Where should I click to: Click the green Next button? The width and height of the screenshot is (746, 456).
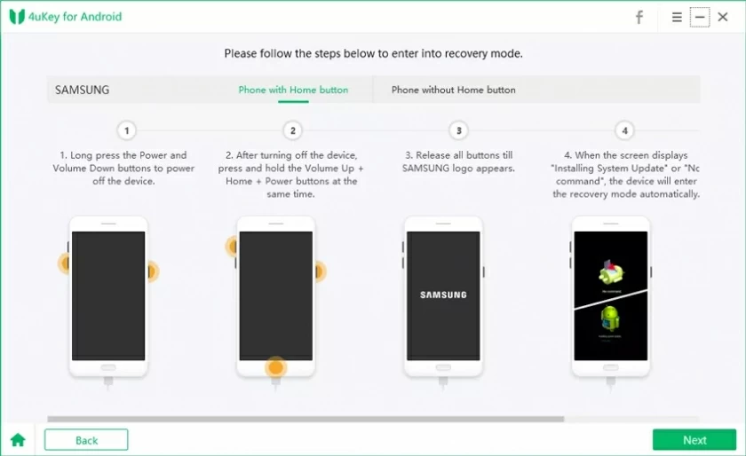pyautogui.click(x=694, y=440)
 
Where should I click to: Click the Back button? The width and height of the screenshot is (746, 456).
pyautogui.click(x=86, y=440)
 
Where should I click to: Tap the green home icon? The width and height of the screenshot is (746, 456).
pyautogui.click(x=18, y=440)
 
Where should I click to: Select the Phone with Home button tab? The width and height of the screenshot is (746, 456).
pyautogui.click(x=293, y=90)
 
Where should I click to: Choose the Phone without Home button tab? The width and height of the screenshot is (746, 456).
pyautogui.click(x=453, y=90)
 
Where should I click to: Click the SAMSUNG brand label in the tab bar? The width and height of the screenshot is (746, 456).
pyautogui.click(x=83, y=90)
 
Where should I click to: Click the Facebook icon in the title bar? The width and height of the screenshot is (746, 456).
pyautogui.click(x=639, y=17)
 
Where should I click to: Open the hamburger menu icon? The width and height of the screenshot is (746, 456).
pyautogui.click(x=677, y=17)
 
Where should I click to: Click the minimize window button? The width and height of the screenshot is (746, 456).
pyautogui.click(x=700, y=17)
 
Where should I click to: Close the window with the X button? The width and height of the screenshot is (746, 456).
pyautogui.click(x=723, y=17)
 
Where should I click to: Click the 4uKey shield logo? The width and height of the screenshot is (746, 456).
pyautogui.click(x=16, y=17)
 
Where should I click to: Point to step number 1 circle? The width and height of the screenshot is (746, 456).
pyautogui.click(x=127, y=130)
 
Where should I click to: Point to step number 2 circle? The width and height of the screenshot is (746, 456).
pyautogui.click(x=293, y=130)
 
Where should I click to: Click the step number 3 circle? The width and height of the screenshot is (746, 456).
pyautogui.click(x=459, y=130)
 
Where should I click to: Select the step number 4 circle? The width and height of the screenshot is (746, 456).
pyautogui.click(x=625, y=130)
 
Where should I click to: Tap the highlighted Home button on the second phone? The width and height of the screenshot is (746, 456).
pyautogui.click(x=275, y=367)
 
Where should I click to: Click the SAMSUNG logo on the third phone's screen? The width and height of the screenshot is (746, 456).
pyautogui.click(x=443, y=295)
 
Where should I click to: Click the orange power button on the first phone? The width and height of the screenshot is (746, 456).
pyautogui.click(x=152, y=271)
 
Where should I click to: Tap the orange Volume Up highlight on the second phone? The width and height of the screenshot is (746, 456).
pyautogui.click(x=233, y=247)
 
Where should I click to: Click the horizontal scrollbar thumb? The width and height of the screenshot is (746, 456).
pyautogui.click(x=306, y=419)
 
